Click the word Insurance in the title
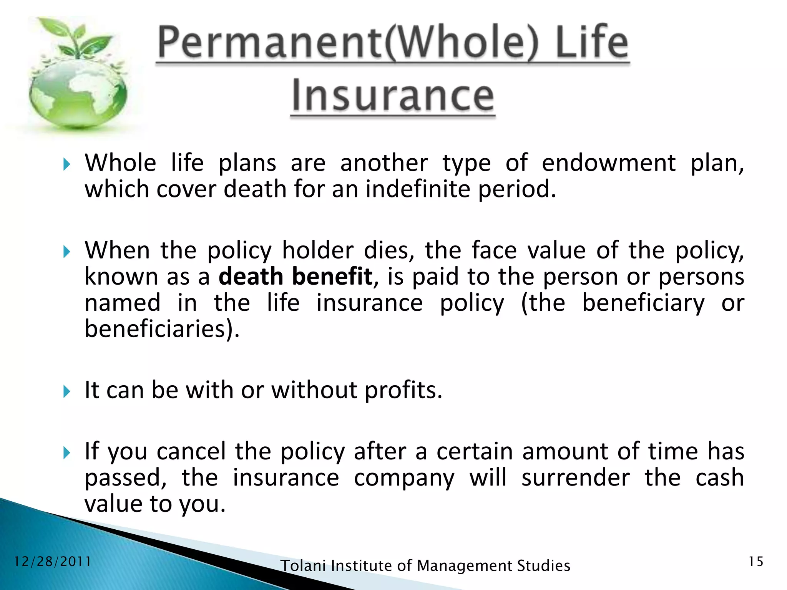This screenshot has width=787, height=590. coord(393,96)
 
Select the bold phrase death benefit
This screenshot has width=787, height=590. coord(296,277)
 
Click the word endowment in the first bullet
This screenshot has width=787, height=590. coord(608,163)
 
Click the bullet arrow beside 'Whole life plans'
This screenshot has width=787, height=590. coord(67,165)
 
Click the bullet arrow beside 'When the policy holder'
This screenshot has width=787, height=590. coord(67,252)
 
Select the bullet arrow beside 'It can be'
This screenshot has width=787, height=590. coord(67,392)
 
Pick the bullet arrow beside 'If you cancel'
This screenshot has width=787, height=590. coord(67,453)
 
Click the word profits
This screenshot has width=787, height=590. coord(403,390)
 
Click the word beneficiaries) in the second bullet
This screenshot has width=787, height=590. coord(162,329)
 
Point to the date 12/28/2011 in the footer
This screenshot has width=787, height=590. coord(53,562)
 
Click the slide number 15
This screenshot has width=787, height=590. coord(756,562)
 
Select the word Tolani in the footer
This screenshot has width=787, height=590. coord(303,566)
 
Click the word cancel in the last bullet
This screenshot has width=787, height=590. coord(191,451)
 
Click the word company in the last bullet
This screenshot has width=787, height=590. coord(404,478)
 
